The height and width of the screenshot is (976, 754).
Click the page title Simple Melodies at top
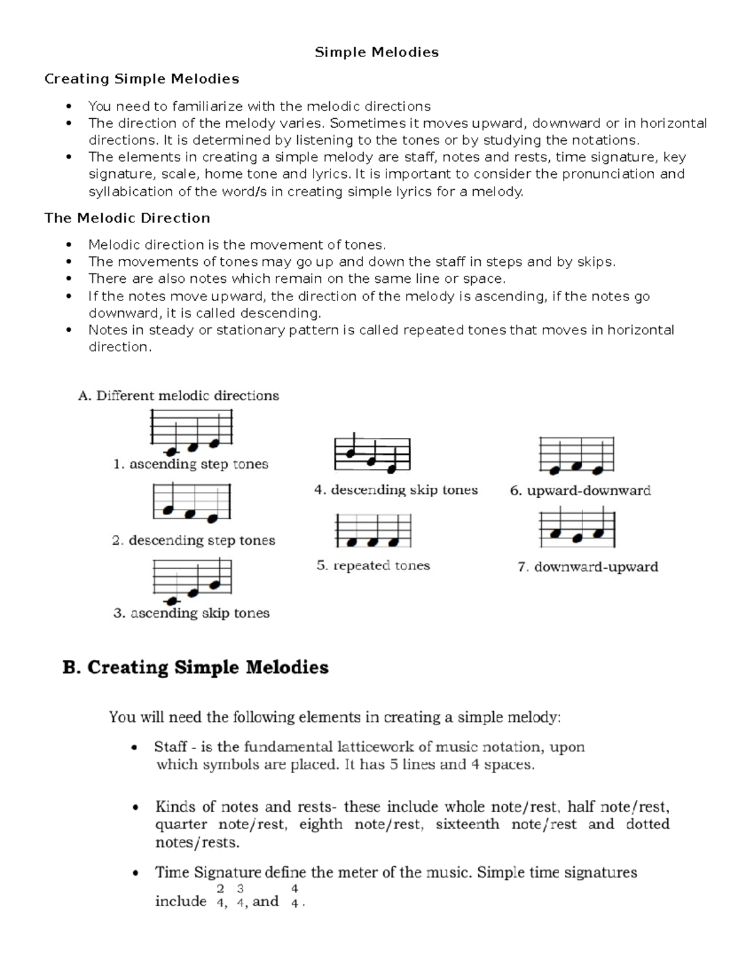[x=376, y=52]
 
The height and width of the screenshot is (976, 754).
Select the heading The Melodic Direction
[x=127, y=218]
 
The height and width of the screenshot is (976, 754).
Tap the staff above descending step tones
[x=192, y=503]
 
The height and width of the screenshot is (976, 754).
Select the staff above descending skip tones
[x=373, y=452]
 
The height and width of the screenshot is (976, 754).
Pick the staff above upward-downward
[x=576, y=456]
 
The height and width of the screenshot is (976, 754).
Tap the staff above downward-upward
[x=577, y=528]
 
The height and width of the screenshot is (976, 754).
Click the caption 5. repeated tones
[x=373, y=566]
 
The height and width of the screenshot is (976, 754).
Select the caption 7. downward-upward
[x=587, y=567]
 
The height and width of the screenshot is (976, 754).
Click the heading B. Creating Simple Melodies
[x=195, y=667]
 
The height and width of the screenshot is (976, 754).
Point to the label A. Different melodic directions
[x=178, y=396]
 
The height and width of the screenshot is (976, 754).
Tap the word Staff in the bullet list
[x=170, y=747]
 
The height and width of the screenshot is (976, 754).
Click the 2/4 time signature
[x=220, y=896]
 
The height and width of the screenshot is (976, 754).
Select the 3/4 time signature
[x=240, y=896]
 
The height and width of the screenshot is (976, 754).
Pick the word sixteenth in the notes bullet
[x=467, y=825]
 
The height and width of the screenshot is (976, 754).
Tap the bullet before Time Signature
[x=134, y=874]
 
